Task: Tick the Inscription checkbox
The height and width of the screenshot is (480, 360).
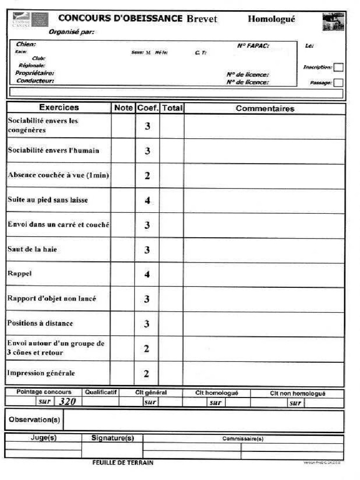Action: [x=338, y=67]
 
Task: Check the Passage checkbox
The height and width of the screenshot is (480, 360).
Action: [x=338, y=82]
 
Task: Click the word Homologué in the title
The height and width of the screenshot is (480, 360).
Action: [x=271, y=19]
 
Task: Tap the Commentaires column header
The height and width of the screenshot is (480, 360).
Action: [x=265, y=108]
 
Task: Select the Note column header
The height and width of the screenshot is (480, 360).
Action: [x=123, y=108]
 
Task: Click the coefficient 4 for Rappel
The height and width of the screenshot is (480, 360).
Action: [x=147, y=274]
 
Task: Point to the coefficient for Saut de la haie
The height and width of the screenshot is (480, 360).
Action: [x=147, y=250]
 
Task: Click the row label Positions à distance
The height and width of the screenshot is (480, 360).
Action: [x=40, y=323]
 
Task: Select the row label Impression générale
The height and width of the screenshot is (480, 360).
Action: [x=41, y=373]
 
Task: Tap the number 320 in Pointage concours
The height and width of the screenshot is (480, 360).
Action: [x=67, y=401]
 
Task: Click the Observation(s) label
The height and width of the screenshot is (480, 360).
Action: [x=34, y=420]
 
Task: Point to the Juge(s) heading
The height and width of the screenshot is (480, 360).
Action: [x=43, y=438]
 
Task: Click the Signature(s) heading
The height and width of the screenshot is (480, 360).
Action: [x=112, y=438]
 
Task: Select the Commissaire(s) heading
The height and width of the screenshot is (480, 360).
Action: [x=243, y=439]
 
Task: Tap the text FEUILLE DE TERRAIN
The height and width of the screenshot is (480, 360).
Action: [x=123, y=463]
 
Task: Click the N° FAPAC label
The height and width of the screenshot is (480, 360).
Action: [x=253, y=46]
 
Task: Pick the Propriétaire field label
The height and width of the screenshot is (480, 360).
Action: [x=35, y=73]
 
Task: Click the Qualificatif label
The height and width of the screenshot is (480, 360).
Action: [x=101, y=392]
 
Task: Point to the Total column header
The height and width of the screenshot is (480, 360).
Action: [x=172, y=108]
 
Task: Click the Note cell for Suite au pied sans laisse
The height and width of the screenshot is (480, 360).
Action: [x=123, y=200]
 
